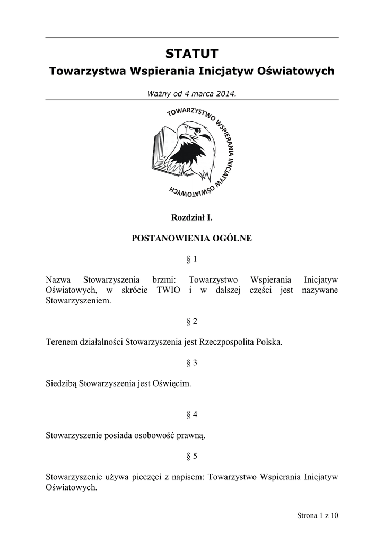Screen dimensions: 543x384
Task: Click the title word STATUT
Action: coord(191,54)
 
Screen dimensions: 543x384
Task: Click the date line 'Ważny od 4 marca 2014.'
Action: coord(191,93)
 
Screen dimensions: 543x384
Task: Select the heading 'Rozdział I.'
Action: coord(191,217)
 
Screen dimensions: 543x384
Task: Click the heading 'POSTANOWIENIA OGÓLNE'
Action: coord(191,239)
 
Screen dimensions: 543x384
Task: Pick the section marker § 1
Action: coord(191,259)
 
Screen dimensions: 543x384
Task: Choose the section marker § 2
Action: coord(191,321)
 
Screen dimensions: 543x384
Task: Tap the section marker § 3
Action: coord(191,363)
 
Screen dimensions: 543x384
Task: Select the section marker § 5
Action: coord(191,456)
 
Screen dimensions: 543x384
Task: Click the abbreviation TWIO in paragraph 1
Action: coord(169,290)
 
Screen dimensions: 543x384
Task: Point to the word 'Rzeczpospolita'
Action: coord(224,342)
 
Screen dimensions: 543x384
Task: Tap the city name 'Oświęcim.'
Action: coord(171,383)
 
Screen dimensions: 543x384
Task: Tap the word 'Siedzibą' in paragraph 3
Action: coord(62,383)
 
